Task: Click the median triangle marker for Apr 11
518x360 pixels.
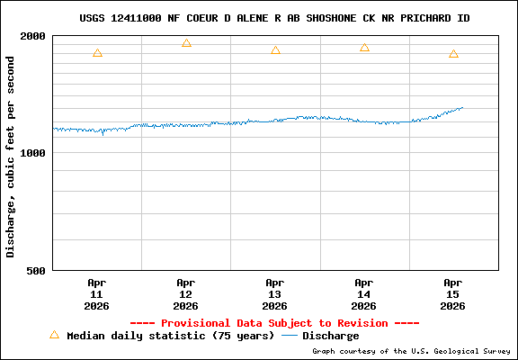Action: tap(97, 53)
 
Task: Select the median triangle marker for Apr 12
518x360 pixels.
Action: tap(186, 43)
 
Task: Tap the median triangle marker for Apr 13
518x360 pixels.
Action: tap(275, 50)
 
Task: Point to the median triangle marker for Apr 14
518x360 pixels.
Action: tap(364, 48)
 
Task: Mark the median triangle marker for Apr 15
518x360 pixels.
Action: tap(453, 54)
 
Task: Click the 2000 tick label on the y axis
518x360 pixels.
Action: tap(34, 37)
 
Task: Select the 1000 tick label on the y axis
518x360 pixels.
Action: tap(34, 153)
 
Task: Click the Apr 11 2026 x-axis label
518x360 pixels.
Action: tap(97, 293)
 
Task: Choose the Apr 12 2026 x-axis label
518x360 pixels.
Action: tap(186, 293)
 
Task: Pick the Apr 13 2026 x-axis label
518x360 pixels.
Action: tap(275, 293)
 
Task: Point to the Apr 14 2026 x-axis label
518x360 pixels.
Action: tap(364, 293)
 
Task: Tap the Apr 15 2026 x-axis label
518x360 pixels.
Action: tap(453, 293)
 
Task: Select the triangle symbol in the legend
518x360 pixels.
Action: tap(54, 335)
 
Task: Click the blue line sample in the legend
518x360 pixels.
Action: tap(290, 336)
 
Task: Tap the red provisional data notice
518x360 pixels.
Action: tap(274, 323)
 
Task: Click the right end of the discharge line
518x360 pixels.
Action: tap(462, 108)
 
